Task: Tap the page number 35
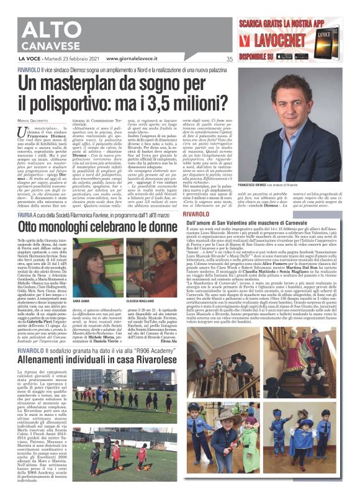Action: (229, 60)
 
